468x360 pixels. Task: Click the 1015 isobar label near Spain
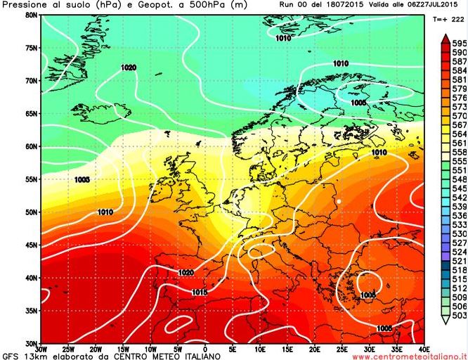point(180,292)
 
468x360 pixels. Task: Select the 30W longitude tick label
point(41,347)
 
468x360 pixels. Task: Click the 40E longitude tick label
point(424,347)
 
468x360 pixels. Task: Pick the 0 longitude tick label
point(205,347)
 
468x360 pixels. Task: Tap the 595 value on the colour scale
point(460,44)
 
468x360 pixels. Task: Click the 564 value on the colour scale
point(460,134)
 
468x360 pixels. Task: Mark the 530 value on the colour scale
point(460,233)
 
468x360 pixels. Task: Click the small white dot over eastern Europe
point(338,202)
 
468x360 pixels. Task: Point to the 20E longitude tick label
point(314,347)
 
